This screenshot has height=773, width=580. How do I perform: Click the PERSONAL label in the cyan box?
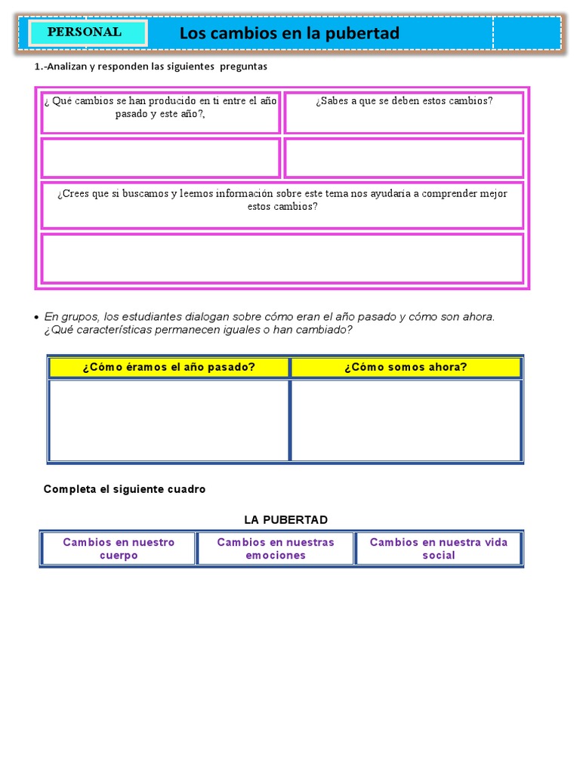coord(85,32)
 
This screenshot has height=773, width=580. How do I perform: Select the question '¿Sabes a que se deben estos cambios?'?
coord(403,101)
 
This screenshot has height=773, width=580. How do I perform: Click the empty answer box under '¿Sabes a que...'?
coord(403,158)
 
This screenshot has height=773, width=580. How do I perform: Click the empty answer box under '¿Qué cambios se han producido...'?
coord(160,158)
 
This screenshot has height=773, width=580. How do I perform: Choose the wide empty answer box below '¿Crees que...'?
coord(282,258)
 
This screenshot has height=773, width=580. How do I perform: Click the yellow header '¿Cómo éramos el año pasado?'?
coord(168,368)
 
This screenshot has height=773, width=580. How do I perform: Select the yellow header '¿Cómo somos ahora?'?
coord(406,368)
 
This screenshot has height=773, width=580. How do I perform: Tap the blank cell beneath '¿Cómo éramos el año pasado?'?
coord(168,420)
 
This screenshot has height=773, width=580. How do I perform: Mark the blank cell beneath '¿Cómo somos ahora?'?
coord(406,420)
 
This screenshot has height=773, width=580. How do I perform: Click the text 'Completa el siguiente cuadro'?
coord(125,489)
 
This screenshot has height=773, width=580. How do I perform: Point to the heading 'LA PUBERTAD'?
coord(285,520)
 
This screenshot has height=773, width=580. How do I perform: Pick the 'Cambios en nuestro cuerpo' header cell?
coord(119,549)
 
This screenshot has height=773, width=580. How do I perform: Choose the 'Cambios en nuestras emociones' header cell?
coord(276,549)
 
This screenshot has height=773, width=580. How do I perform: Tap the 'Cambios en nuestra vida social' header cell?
coord(439,549)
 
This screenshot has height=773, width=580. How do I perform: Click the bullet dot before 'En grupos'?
coord(37,316)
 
